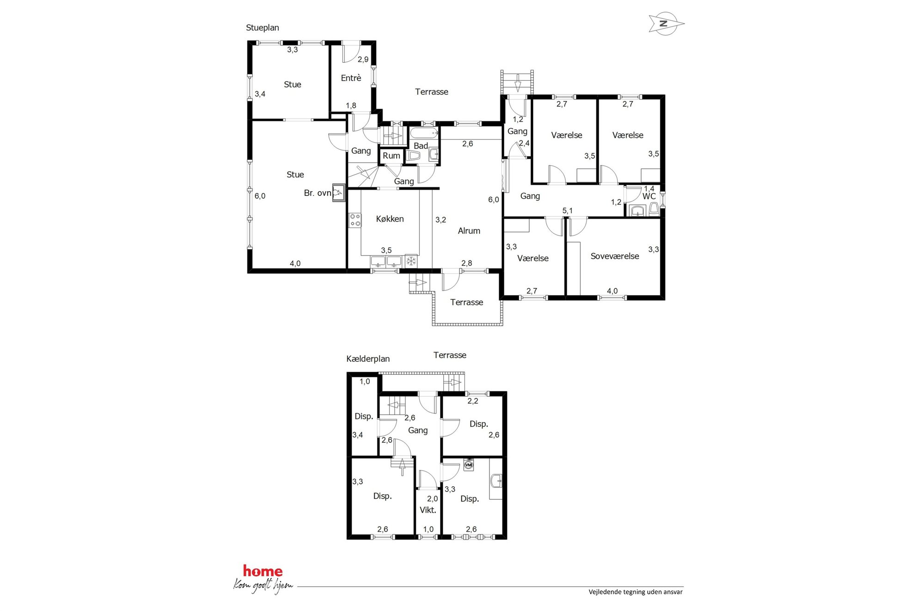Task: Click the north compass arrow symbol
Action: click(x=666, y=24)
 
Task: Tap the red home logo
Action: click(x=263, y=571)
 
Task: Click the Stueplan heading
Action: click(x=263, y=28)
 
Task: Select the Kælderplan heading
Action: click(x=368, y=359)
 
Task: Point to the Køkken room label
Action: click(x=390, y=219)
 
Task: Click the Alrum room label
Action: click(x=469, y=231)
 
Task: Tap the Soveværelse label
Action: click(x=615, y=256)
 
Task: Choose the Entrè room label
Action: click(x=351, y=78)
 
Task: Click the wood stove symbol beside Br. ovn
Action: click(x=339, y=193)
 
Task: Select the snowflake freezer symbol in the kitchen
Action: click(x=411, y=261)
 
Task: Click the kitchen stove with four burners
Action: click(x=355, y=220)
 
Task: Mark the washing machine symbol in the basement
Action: click(x=469, y=465)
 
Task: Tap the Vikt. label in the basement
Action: click(x=428, y=510)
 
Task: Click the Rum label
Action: click(x=391, y=156)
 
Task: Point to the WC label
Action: click(x=649, y=196)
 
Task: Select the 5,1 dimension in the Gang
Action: click(x=568, y=211)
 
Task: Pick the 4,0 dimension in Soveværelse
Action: click(x=612, y=291)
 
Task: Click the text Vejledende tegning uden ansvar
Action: click(x=636, y=592)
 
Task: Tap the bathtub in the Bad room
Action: click(x=424, y=133)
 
